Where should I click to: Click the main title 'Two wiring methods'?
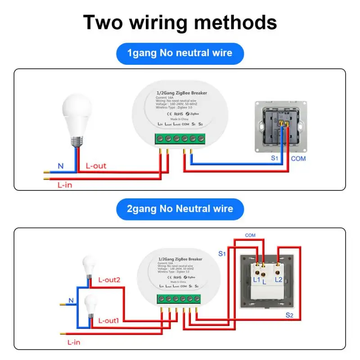180,22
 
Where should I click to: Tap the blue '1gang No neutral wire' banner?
180,54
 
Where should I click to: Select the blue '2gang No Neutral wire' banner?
180,209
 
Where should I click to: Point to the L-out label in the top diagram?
96,166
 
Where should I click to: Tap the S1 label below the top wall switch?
274,158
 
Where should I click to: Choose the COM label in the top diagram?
298,158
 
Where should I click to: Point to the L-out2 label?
109,280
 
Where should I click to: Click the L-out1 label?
109,321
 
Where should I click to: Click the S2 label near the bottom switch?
289,315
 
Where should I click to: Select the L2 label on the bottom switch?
279,280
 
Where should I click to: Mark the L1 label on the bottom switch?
257,280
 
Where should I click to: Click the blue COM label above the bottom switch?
250,235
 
